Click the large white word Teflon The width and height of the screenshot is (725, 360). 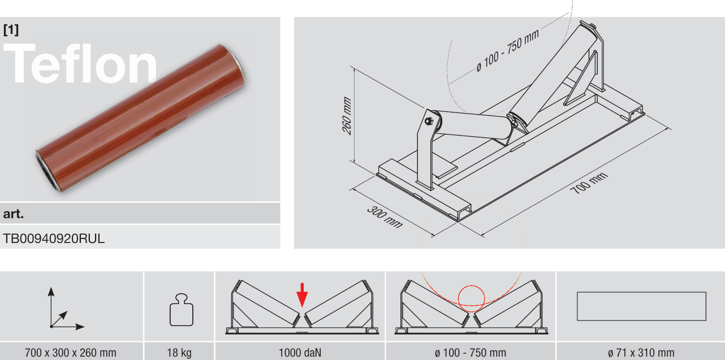tap(80, 64)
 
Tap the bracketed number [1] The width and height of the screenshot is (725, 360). tap(11, 30)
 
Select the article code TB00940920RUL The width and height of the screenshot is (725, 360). tap(54, 238)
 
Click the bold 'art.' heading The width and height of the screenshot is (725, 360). tap(13, 214)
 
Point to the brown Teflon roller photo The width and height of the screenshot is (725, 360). tap(140, 118)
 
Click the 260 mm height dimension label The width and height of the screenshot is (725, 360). tap(347, 115)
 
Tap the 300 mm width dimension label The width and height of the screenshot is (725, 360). tap(385, 217)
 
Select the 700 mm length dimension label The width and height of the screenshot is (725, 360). tap(589, 183)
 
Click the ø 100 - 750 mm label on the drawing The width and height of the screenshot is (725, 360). tap(507, 50)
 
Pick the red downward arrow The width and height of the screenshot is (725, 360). tap(302, 295)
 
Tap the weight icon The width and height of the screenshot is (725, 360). tap(181, 310)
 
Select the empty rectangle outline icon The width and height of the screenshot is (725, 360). tap(641, 292)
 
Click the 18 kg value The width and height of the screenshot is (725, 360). tap(179, 353)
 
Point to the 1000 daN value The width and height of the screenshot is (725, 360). tap(300, 353)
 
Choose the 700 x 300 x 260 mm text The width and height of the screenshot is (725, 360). tap(71, 353)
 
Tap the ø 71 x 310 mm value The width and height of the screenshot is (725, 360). tap(641, 353)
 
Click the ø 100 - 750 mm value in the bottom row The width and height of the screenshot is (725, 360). tap(471, 353)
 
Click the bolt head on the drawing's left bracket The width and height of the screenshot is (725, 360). tap(429, 122)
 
